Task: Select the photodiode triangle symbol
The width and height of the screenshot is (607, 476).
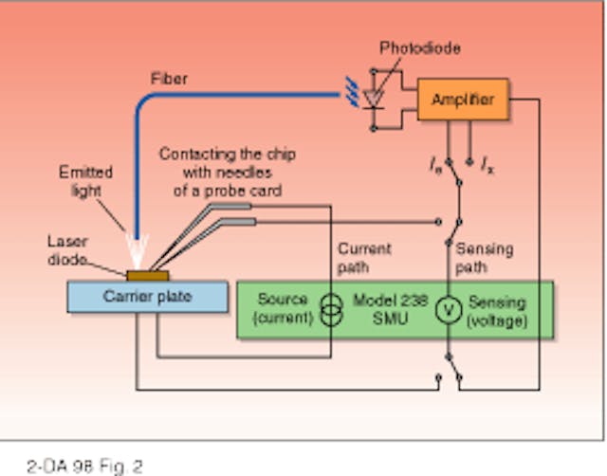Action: coord(377,96)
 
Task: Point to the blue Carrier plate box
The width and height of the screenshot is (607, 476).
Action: coord(147,297)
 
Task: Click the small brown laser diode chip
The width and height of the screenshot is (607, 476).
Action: coord(148,276)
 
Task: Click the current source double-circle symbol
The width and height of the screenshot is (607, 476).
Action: coord(330,310)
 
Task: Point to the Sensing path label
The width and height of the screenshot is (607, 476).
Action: coord(484,256)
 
